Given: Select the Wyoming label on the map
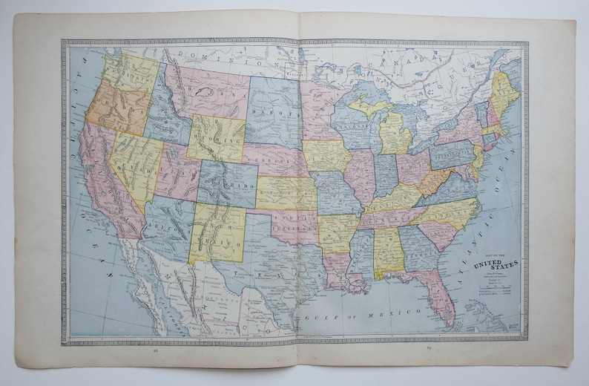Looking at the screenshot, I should click(x=215, y=139).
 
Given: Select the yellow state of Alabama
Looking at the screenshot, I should click(x=387, y=252).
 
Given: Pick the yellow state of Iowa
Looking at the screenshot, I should click(x=326, y=156).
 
